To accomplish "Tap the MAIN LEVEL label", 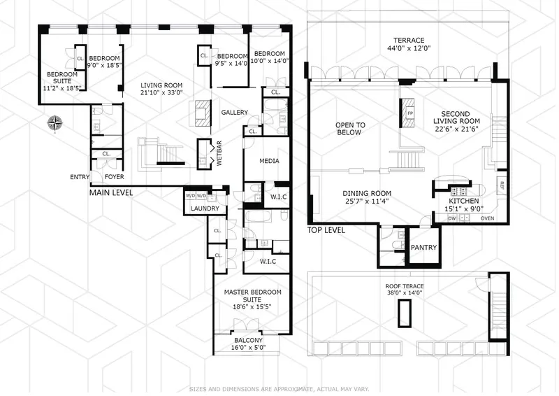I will pos(112,192).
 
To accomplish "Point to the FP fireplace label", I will pos(410,112).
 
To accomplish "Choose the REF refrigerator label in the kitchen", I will pos(502,185).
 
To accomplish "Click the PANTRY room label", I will pos(423,247).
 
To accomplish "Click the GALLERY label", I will pos(235,113).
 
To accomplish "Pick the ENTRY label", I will pos(79,176).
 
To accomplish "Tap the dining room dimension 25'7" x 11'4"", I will pos(366,202).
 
